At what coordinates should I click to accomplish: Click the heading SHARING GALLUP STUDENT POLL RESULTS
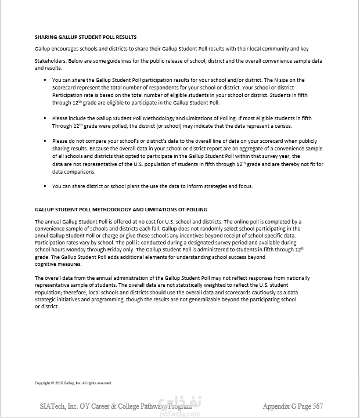click(x=86, y=37)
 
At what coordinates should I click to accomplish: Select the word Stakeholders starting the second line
click(x=49, y=60)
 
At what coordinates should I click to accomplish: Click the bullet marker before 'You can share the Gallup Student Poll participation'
click(x=45, y=80)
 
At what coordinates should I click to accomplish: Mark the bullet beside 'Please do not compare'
click(x=45, y=141)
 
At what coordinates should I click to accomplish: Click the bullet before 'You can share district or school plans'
click(x=45, y=186)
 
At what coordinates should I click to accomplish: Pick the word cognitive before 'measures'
click(x=47, y=264)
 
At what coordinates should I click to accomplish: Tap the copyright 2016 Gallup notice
click(x=73, y=383)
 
